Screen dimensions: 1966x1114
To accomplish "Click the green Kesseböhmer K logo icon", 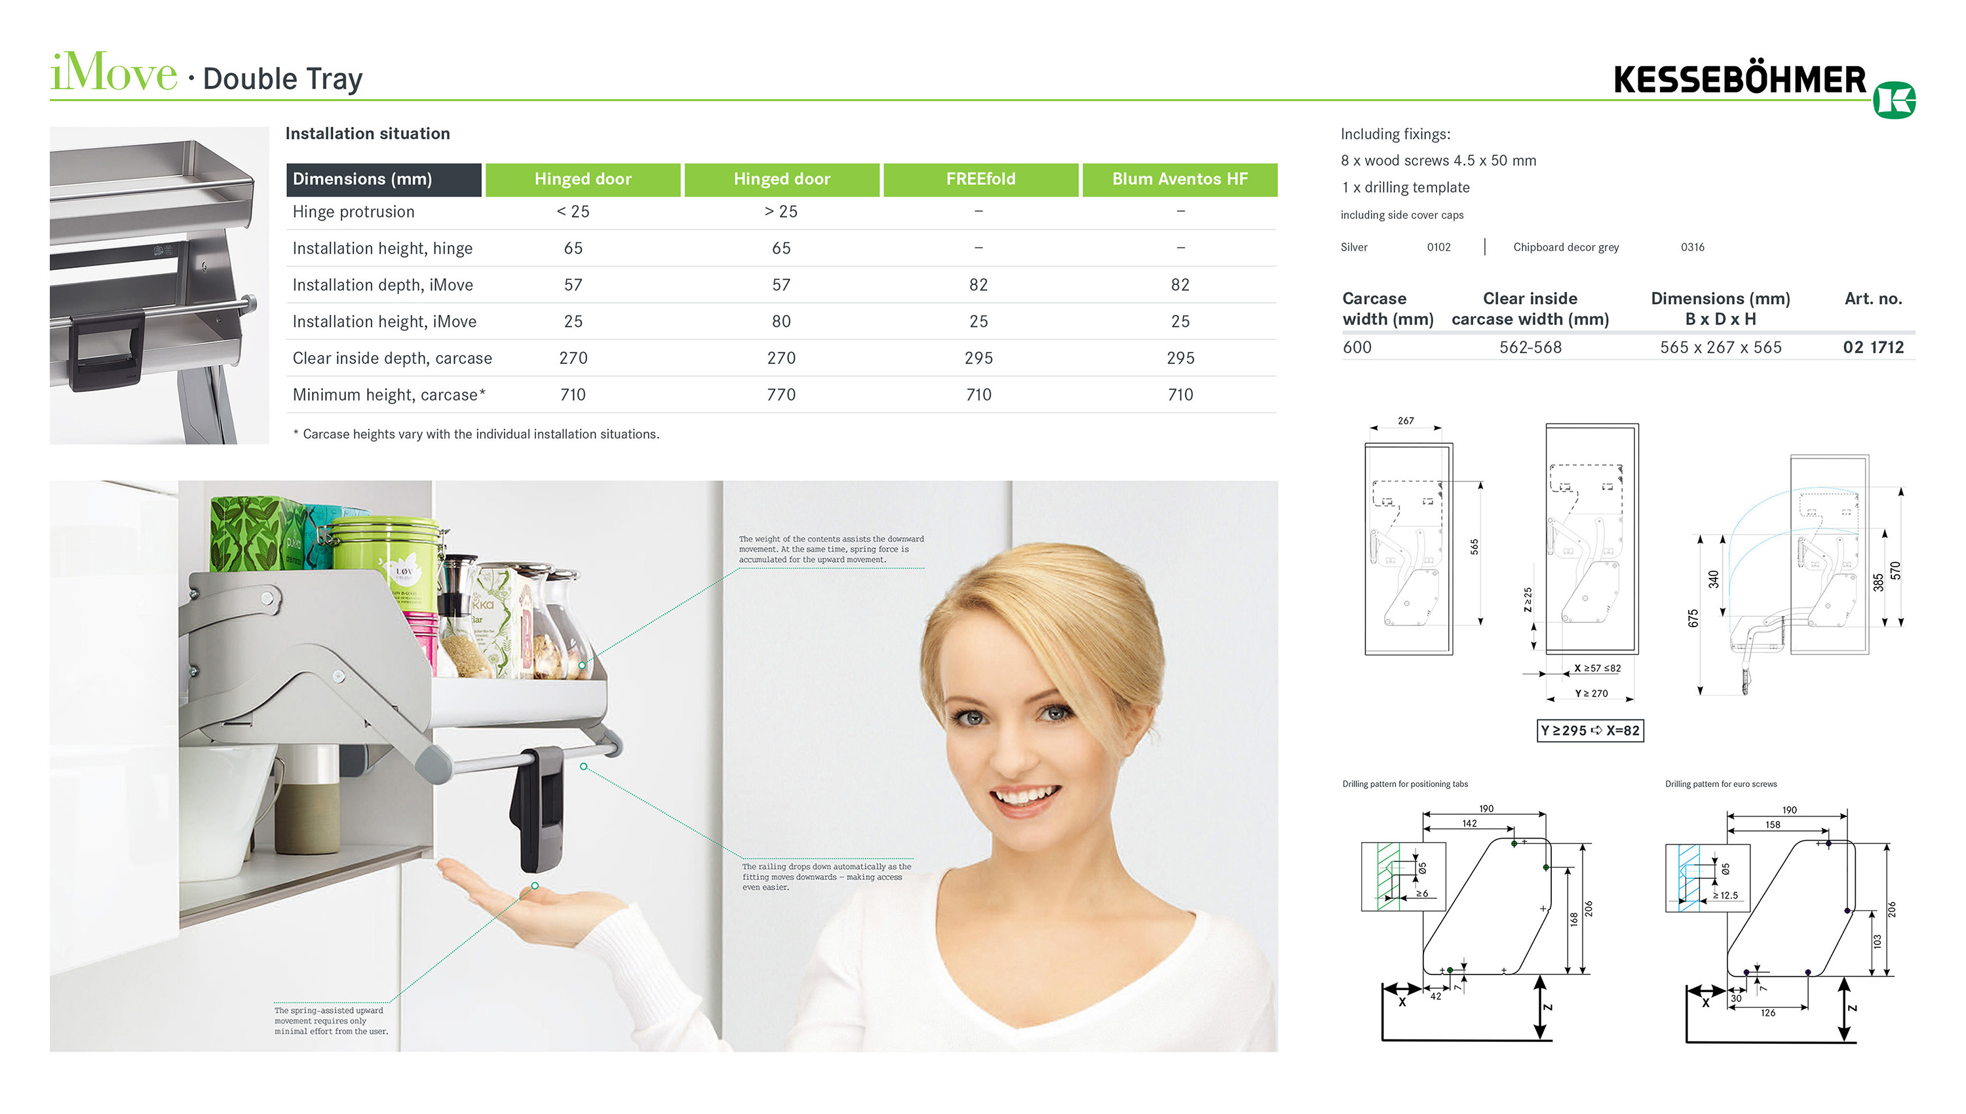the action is click(x=1893, y=100).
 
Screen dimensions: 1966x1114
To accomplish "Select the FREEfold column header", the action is click(x=980, y=179).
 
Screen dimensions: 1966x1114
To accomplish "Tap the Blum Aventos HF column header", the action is click(x=1179, y=179).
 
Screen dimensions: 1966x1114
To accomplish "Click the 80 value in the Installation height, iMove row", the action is click(x=781, y=321).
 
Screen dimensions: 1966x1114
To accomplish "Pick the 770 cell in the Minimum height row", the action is click(x=781, y=394).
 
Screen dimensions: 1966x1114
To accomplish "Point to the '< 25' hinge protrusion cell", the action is click(x=572, y=212).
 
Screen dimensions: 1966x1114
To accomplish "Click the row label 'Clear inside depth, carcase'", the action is click(x=392, y=358).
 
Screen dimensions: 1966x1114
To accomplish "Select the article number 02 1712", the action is click(x=1873, y=347).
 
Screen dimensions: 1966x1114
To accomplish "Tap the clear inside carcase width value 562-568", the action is click(x=1530, y=347).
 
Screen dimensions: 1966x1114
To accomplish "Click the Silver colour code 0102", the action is click(x=1438, y=247).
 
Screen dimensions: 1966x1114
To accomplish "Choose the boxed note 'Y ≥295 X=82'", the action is click(x=1590, y=731).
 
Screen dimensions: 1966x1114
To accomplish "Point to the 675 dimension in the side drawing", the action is click(x=1692, y=618).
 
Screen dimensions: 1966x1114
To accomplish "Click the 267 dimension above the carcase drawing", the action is click(x=1405, y=421).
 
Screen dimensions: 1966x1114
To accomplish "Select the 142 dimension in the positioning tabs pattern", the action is click(x=1469, y=824).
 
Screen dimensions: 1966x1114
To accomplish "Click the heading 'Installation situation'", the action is click(x=367, y=134).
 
